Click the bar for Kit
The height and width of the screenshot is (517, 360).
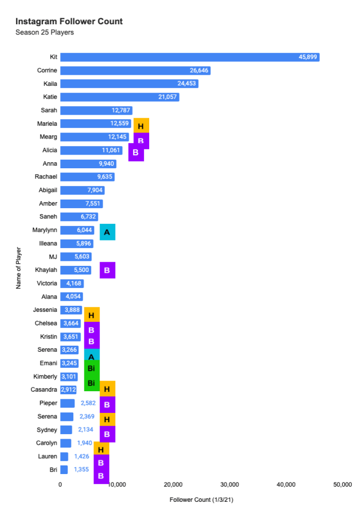tap(190, 57)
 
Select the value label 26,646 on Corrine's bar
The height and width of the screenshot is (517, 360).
tap(198, 70)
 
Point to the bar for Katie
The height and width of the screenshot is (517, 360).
tap(119, 97)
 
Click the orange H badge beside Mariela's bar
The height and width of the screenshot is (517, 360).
tap(141, 126)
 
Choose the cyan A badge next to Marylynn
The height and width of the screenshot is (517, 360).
tap(107, 232)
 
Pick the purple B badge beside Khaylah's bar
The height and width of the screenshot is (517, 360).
tap(107, 270)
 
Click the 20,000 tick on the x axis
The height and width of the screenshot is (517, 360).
tap(173, 485)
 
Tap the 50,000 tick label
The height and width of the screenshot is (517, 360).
tap(342, 485)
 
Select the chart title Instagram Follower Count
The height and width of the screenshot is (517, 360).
tap(69, 22)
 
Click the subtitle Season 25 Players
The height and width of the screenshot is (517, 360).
tap(45, 33)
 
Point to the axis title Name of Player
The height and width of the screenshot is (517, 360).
tap(19, 268)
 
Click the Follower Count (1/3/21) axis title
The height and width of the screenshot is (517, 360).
tap(201, 500)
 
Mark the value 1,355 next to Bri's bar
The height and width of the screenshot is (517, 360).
tap(81, 469)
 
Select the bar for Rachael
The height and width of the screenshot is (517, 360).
tap(87, 177)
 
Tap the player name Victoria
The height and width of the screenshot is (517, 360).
tap(47, 284)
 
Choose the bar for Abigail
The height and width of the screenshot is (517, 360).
tap(82, 191)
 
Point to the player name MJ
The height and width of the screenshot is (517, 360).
tap(53, 257)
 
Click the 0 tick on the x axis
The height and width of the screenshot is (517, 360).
tap(60, 485)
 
